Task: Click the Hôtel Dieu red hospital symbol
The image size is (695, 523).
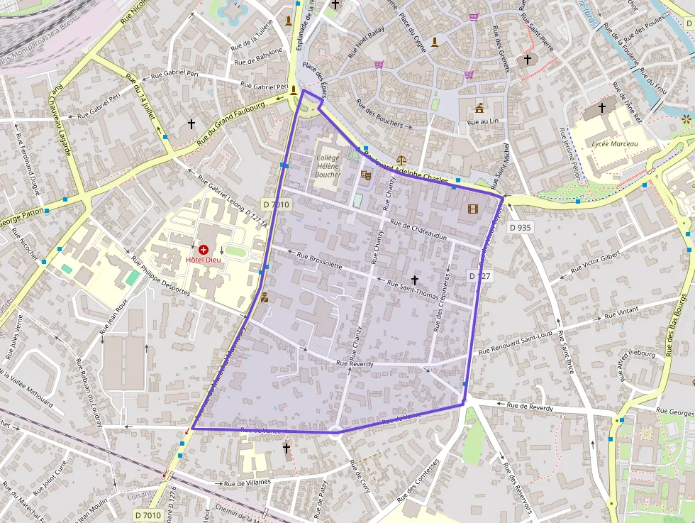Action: click(204, 250)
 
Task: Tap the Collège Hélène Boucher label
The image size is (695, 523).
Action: click(328, 166)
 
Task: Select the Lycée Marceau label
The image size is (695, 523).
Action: click(614, 144)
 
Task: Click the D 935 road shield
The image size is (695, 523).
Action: click(520, 228)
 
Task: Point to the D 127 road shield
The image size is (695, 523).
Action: click(479, 275)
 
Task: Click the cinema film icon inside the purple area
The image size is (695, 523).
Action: click(473, 209)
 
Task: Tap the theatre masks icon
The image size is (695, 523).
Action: click(366, 175)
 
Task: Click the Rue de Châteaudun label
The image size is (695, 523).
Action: click(418, 231)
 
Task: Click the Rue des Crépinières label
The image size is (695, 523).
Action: click(441, 302)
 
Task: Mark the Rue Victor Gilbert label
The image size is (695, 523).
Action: click(595, 263)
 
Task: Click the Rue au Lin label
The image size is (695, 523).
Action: click(484, 122)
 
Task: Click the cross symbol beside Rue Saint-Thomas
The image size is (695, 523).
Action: click(415, 280)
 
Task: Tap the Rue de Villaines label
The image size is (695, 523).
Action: click(248, 483)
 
